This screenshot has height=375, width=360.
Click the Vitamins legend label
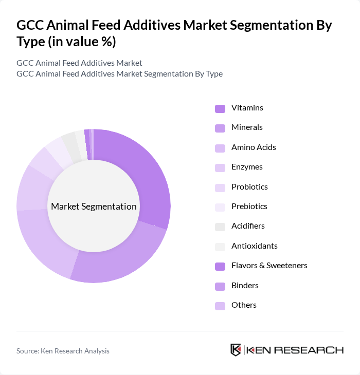pyautogui.click(x=247, y=108)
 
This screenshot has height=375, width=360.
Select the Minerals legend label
pyautogui.click(x=247, y=127)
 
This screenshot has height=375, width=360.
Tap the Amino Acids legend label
pyautogui.click(x=254, y=147)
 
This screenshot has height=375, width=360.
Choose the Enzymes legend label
pyautogui.click(x=247, y=167)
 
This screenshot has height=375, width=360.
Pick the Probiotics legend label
pyautogui.click(x=249, y=186)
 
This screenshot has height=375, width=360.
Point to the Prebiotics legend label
pyautogui.click(x=249, y=206)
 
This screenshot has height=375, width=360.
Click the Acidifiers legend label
pyautogui.click(x=248, y=226)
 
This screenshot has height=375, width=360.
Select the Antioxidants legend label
pyautogui.click(x=254, y=246)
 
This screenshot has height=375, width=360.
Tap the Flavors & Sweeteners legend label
pyautogui.click(x=269, y=266)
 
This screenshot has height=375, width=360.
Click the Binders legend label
pyautogui.click(x=245, y=285)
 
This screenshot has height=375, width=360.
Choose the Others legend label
pyautogui.click(x=244, y=305)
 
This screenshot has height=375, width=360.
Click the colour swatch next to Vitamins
pyautogui.click(x=220, y=108)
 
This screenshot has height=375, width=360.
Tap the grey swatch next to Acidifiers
pyautogui.click(x=220, y=227)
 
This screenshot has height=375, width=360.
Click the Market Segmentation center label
pyautogui.click(x=94, y=207)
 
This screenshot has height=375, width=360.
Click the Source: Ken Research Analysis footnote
pyautogui.click(x=63, y=351)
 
